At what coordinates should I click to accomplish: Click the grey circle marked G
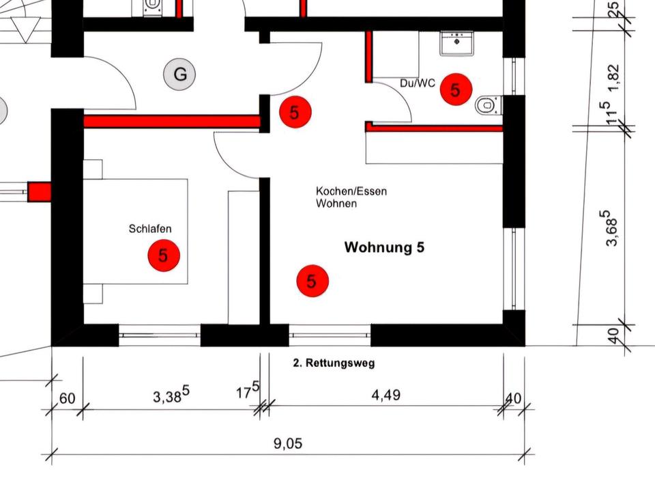pyautogui.click(x=180, y=74)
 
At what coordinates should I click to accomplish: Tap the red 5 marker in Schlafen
pyautogui.click(x=163, y=256)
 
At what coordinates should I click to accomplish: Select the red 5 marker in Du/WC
pyautogui.click(x=455, y=89)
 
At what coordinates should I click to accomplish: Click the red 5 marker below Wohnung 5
pyautogui.click(x=312, y=281)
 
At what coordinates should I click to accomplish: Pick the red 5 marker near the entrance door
pyautogui.click(x=294, y=112)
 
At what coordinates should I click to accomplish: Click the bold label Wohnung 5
pyautogui.click(x=384, y=247)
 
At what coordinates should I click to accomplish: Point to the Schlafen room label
pyautogui.click(x=150, y=229)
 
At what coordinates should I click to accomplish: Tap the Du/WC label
pyautogui.click(x=418, y=83)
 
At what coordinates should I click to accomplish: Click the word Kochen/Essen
pyautogui.click(x=351, y=191)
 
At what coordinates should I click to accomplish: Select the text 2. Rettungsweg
pyautogui.click(x=334, y=363)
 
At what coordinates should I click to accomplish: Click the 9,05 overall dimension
pyautogui.click(x=287, y=443)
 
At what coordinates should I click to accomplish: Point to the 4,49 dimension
pyautogui.click(x=385, y=395)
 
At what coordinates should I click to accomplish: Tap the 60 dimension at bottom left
pyautogui.click(x=67, y=398)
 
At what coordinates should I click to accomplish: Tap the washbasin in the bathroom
pyautogui.click(x=453, y=44)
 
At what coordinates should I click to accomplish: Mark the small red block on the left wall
pyautogui.click(x=40, y=192)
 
